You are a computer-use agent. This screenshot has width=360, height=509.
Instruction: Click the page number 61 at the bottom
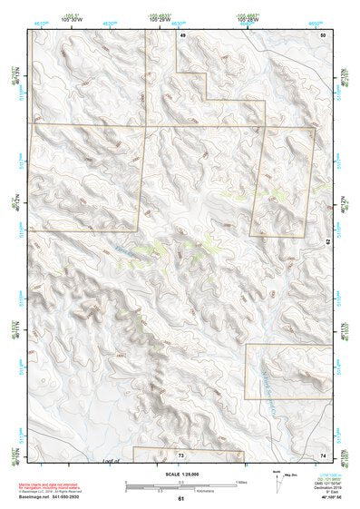coord(181,499)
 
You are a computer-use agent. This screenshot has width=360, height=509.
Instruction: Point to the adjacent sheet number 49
coord(182,34)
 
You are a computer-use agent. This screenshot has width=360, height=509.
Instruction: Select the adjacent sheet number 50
coord(324,34)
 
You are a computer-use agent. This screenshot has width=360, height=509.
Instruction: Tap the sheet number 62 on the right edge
coord(328,241)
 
